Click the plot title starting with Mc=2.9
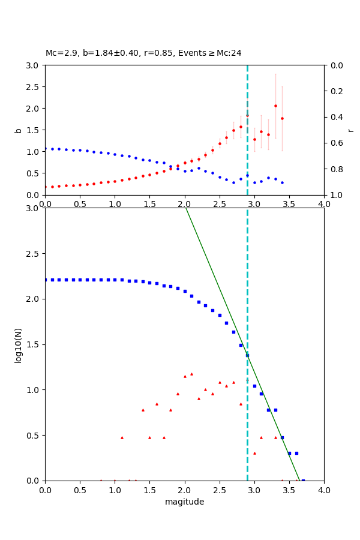click(143, 53)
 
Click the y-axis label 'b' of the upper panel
click(19, 130)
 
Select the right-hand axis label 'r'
click(350, 130)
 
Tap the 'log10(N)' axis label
click(19, 344)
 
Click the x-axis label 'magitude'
click(184, 502)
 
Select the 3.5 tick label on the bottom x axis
click(289, 490)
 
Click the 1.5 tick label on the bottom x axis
click(149, 490)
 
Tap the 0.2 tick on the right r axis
click(334, 91)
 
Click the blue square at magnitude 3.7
click(303, 481)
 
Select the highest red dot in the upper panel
click(275, 106)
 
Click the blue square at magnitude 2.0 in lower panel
click(185, 291)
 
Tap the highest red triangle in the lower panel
click(191, 374)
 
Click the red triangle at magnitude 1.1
click(122, 437)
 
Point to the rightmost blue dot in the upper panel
click(282, 182)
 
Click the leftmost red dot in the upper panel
click(45, 187)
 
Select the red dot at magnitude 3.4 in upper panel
click(282, 118)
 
